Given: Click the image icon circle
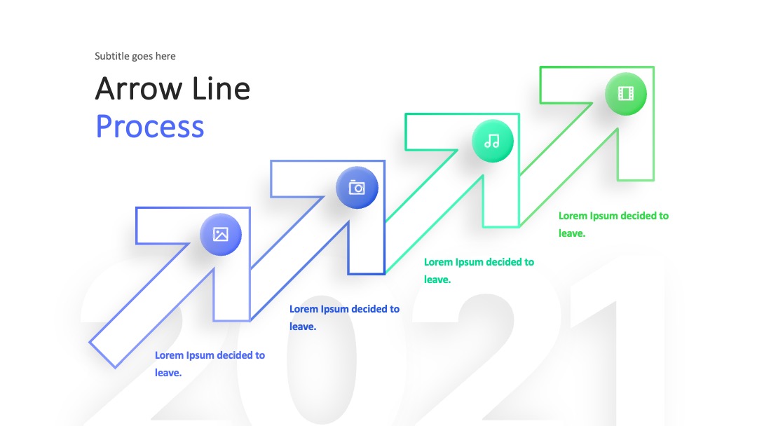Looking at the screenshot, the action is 221,235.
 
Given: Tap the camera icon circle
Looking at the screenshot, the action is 357,188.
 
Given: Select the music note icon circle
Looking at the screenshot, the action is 493,141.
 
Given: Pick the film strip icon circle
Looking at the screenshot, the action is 626,94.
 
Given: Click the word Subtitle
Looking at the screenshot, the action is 112,56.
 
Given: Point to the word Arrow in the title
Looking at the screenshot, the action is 139,89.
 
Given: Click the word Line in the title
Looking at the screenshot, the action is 221,89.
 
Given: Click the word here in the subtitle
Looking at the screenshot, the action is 165,56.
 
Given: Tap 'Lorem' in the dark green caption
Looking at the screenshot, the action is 573,216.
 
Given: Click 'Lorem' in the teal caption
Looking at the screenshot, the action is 438,262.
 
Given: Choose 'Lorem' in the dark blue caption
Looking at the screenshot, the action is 304,309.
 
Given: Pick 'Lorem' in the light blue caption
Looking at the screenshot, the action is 169,355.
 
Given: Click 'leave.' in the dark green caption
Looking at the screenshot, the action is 572,233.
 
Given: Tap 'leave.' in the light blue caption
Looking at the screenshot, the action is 168,373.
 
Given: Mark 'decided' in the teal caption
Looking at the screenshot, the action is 503,262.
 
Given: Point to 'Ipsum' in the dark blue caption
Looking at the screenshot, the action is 334,309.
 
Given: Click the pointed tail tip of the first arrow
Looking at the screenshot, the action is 90,343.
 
